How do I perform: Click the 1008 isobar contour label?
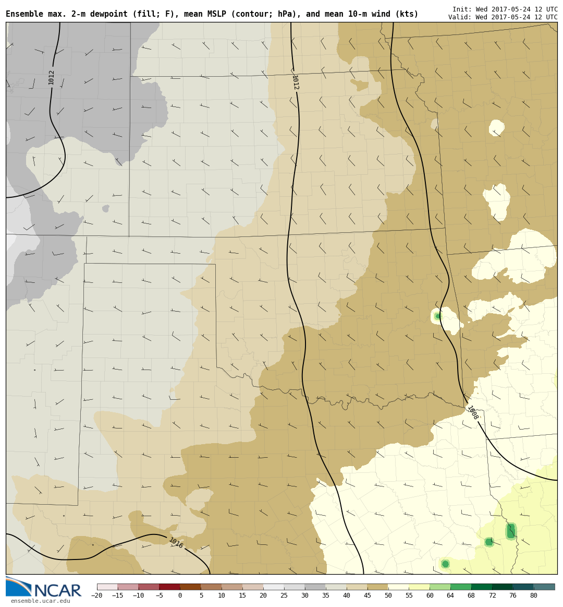[x=472, y=413]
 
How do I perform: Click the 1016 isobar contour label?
[x=176, y=543]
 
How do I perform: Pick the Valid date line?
[x=503, y=17]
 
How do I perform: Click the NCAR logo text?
[x=57, y=591]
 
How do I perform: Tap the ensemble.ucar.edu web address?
[x=40, y=601]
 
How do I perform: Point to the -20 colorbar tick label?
[x=97, y=596]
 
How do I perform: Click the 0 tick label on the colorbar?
[x=180, y=596]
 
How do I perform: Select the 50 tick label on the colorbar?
[x=388, y=596]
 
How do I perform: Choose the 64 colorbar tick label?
[x=450, y=596]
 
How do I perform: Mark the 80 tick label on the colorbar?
[x=534, y=596]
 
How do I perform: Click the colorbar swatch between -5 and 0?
[x=169, y=587]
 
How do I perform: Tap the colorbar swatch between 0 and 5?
[x=190, y=587]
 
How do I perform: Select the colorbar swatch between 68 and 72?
[x=482, y=587]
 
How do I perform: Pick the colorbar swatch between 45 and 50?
[x=377, y=587]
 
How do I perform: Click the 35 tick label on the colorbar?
[x=325, y=596]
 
